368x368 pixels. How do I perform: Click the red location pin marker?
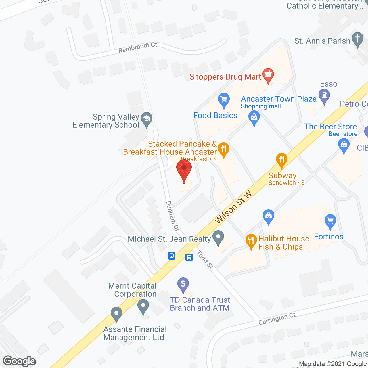tap(184, 169)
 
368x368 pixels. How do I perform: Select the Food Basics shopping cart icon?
tap(224, 100)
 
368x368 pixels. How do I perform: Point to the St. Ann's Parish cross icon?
tap(358, 40)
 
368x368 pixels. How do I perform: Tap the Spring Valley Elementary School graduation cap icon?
tap(147, 119)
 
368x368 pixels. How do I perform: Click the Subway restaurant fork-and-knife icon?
tap(281, 160)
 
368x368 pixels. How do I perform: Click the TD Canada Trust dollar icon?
tap(183, 284)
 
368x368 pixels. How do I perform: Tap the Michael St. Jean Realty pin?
tap(218, 238)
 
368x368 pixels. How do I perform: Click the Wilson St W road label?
tap(233, 207)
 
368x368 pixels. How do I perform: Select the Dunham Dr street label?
tap(172, 216)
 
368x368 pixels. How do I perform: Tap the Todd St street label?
tap(205, 259)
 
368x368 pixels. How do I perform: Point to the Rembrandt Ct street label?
tap(138, 48)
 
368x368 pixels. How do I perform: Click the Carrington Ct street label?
tap(277, 319)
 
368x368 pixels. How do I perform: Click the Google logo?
tap(20, 361)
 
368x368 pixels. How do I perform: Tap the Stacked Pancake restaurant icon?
tap(223, 149)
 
